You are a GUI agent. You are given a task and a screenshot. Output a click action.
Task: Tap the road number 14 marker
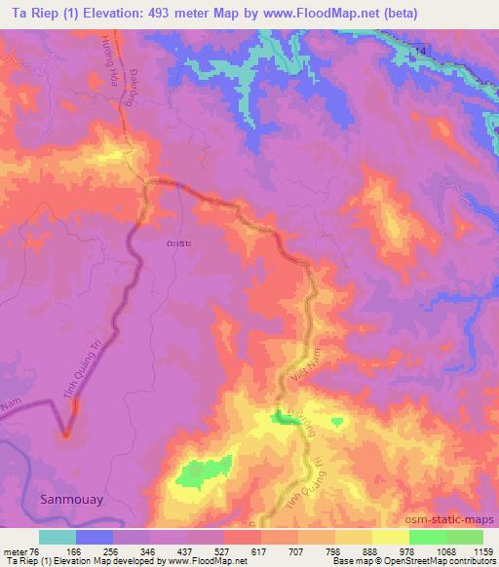pos(420,49)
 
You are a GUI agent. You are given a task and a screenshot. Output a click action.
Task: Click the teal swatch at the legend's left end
pos(58,537)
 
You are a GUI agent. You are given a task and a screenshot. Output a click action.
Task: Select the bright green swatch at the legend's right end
pos(464,537)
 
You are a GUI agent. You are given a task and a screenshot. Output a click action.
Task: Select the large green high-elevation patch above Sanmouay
pos(203,472)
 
